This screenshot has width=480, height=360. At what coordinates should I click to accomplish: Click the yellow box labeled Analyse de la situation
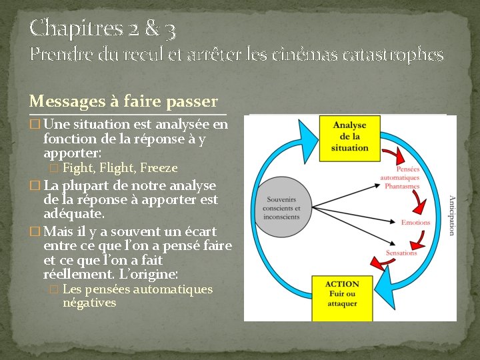click(350, 138)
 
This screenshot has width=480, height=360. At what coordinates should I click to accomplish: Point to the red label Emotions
click(416, 223)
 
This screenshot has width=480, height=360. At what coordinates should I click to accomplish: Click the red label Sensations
click(401, 253)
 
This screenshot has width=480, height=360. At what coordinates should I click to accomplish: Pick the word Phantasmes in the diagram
click(402, 187)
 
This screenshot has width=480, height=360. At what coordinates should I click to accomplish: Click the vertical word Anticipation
click(451, 215)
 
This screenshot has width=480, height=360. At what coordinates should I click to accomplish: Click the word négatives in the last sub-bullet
click(89, 303)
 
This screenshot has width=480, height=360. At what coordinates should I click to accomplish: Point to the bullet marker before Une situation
click(35, 125)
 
